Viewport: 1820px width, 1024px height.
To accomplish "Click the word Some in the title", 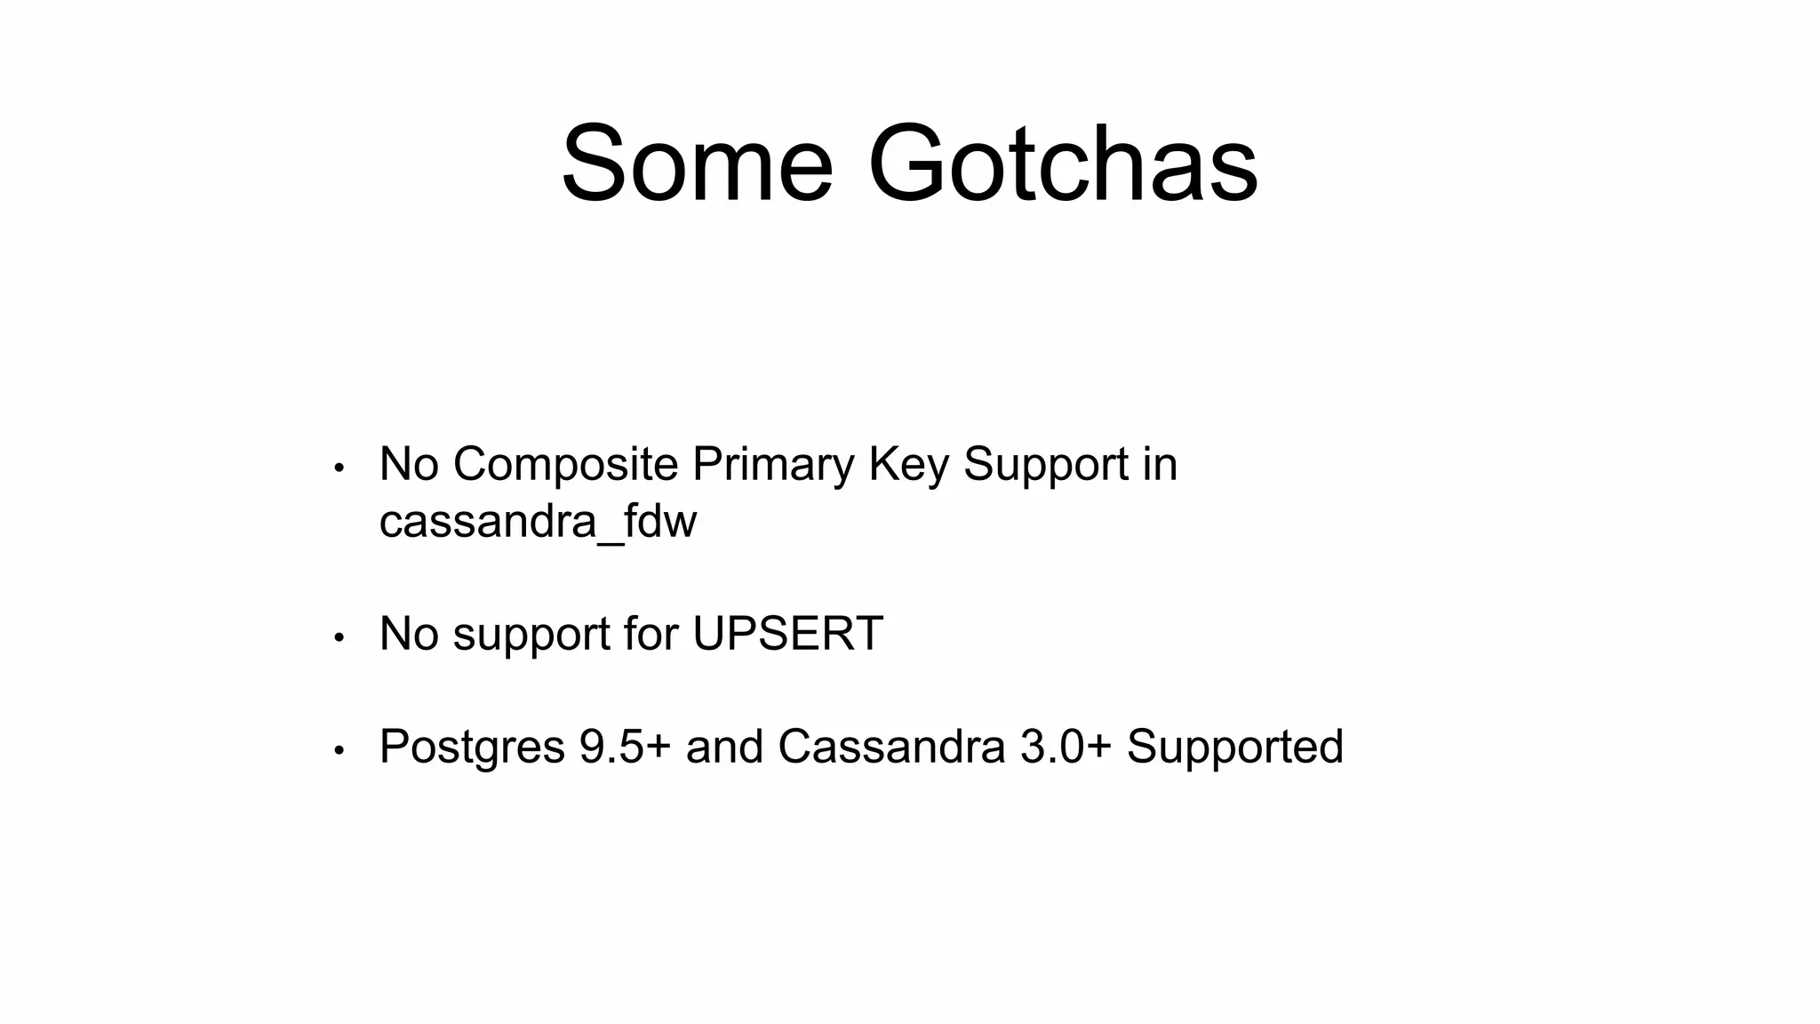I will click(x=697, y=165).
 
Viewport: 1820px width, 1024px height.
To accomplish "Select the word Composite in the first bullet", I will click(x=565, y=465).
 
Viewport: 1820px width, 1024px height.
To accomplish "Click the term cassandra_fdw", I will click(x=538, y=521).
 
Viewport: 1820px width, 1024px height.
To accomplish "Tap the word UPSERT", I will click(x=787, y=634).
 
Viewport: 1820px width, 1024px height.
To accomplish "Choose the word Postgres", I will click(x=472, y=747).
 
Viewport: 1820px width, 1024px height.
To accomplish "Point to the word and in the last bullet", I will click(x=724, y=747).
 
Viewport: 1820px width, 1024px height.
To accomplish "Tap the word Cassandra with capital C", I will click(x=891, y=747).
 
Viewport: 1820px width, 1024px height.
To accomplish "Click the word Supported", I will click(x=1234, y=747).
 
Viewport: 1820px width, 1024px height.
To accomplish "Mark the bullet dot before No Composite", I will click(x=339, y=468).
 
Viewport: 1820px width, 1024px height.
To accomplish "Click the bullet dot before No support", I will click(x=339, y=637).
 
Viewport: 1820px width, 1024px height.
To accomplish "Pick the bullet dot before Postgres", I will click(x=339, y=750).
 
